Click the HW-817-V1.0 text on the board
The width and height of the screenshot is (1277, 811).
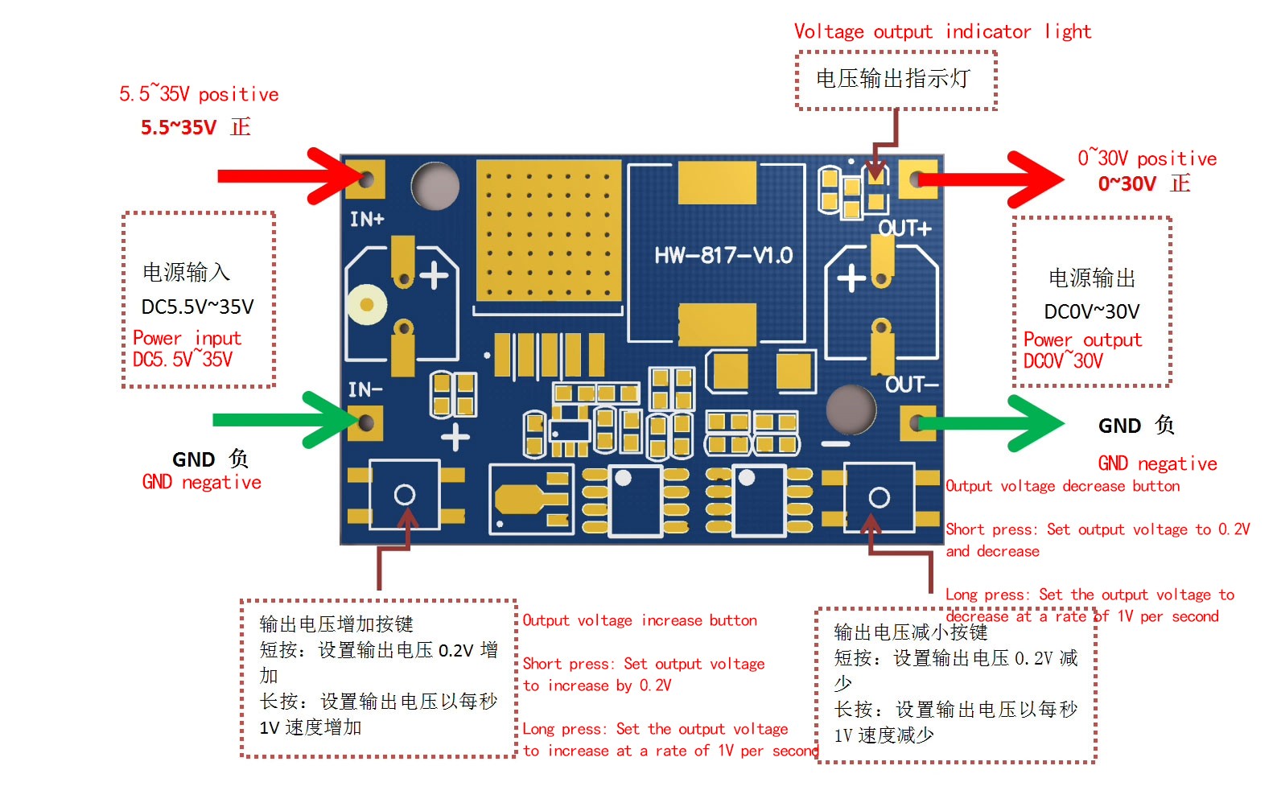pos(723,255)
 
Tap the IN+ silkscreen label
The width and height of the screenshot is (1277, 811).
pos(367,219)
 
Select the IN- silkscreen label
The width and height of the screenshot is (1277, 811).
pos(365,389)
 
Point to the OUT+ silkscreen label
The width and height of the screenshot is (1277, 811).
pos(904,228)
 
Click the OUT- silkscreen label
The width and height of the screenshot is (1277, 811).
pos(912,385)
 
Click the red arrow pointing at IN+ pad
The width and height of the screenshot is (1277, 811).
pos(290,176)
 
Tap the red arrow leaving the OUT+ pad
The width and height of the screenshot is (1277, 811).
pos(991,179)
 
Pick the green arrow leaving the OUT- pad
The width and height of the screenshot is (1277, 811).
pos(991,423)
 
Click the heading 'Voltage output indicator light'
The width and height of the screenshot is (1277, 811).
pos(942,32)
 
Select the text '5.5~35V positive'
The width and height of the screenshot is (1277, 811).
pos(199,93)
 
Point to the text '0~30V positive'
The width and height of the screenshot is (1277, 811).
pos(1147,158)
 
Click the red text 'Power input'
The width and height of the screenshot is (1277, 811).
pos(187,338)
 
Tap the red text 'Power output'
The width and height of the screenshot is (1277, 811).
pos(1082,340)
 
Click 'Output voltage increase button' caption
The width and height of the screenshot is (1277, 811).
pos(640,620)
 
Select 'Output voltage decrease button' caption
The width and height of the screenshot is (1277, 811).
pos(1063,486)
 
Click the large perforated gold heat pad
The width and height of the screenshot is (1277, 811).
pos(549,230)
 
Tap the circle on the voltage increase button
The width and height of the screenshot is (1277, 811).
pos(405,494)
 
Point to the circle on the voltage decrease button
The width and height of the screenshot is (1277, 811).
pos(879,497)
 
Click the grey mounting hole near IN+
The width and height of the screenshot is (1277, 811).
pos(435,186)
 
